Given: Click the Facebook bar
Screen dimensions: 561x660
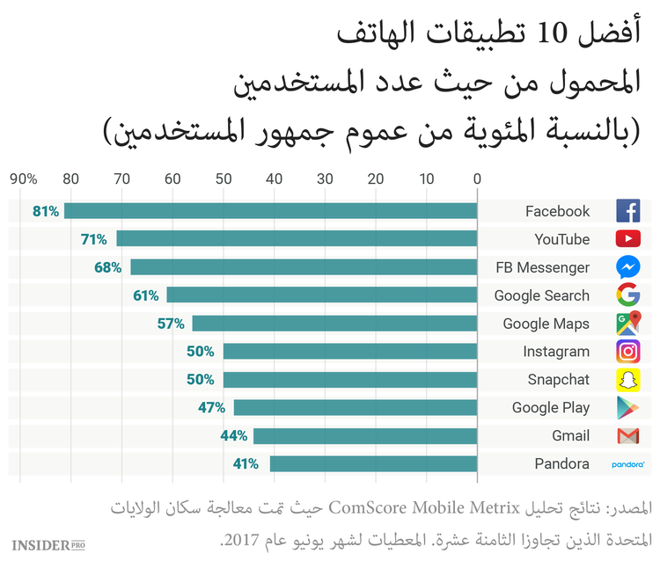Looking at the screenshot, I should [x=270, y=211].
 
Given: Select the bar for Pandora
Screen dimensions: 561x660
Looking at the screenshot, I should [x=373, y=463].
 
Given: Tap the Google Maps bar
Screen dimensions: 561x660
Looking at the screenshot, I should [x=334, y=324].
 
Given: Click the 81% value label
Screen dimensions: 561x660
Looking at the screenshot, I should [x=46, y=211].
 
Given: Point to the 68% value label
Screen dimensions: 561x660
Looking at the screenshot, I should [x=108, y=267].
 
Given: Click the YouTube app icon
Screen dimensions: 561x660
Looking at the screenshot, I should [x=627, y=239].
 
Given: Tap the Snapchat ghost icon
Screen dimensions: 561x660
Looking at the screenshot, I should [x=627, y=379].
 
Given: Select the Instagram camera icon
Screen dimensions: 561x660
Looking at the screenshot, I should [x=627, y=352].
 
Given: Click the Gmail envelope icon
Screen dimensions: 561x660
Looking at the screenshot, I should [x=627, y=435].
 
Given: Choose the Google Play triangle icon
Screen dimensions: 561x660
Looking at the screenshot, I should [x=627, y=407].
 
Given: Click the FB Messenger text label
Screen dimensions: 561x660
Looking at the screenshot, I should [x=542, y=267].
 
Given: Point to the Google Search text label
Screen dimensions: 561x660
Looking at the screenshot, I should [x=541, y=295].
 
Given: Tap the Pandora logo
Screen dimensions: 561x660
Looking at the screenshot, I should [x=627, y=463].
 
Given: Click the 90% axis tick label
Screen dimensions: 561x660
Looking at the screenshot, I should [x=23, y=179].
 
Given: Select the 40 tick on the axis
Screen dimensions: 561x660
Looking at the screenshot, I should [x=275, y=179].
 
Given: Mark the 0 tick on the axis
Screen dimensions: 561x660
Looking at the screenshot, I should [x=477, y=179].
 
